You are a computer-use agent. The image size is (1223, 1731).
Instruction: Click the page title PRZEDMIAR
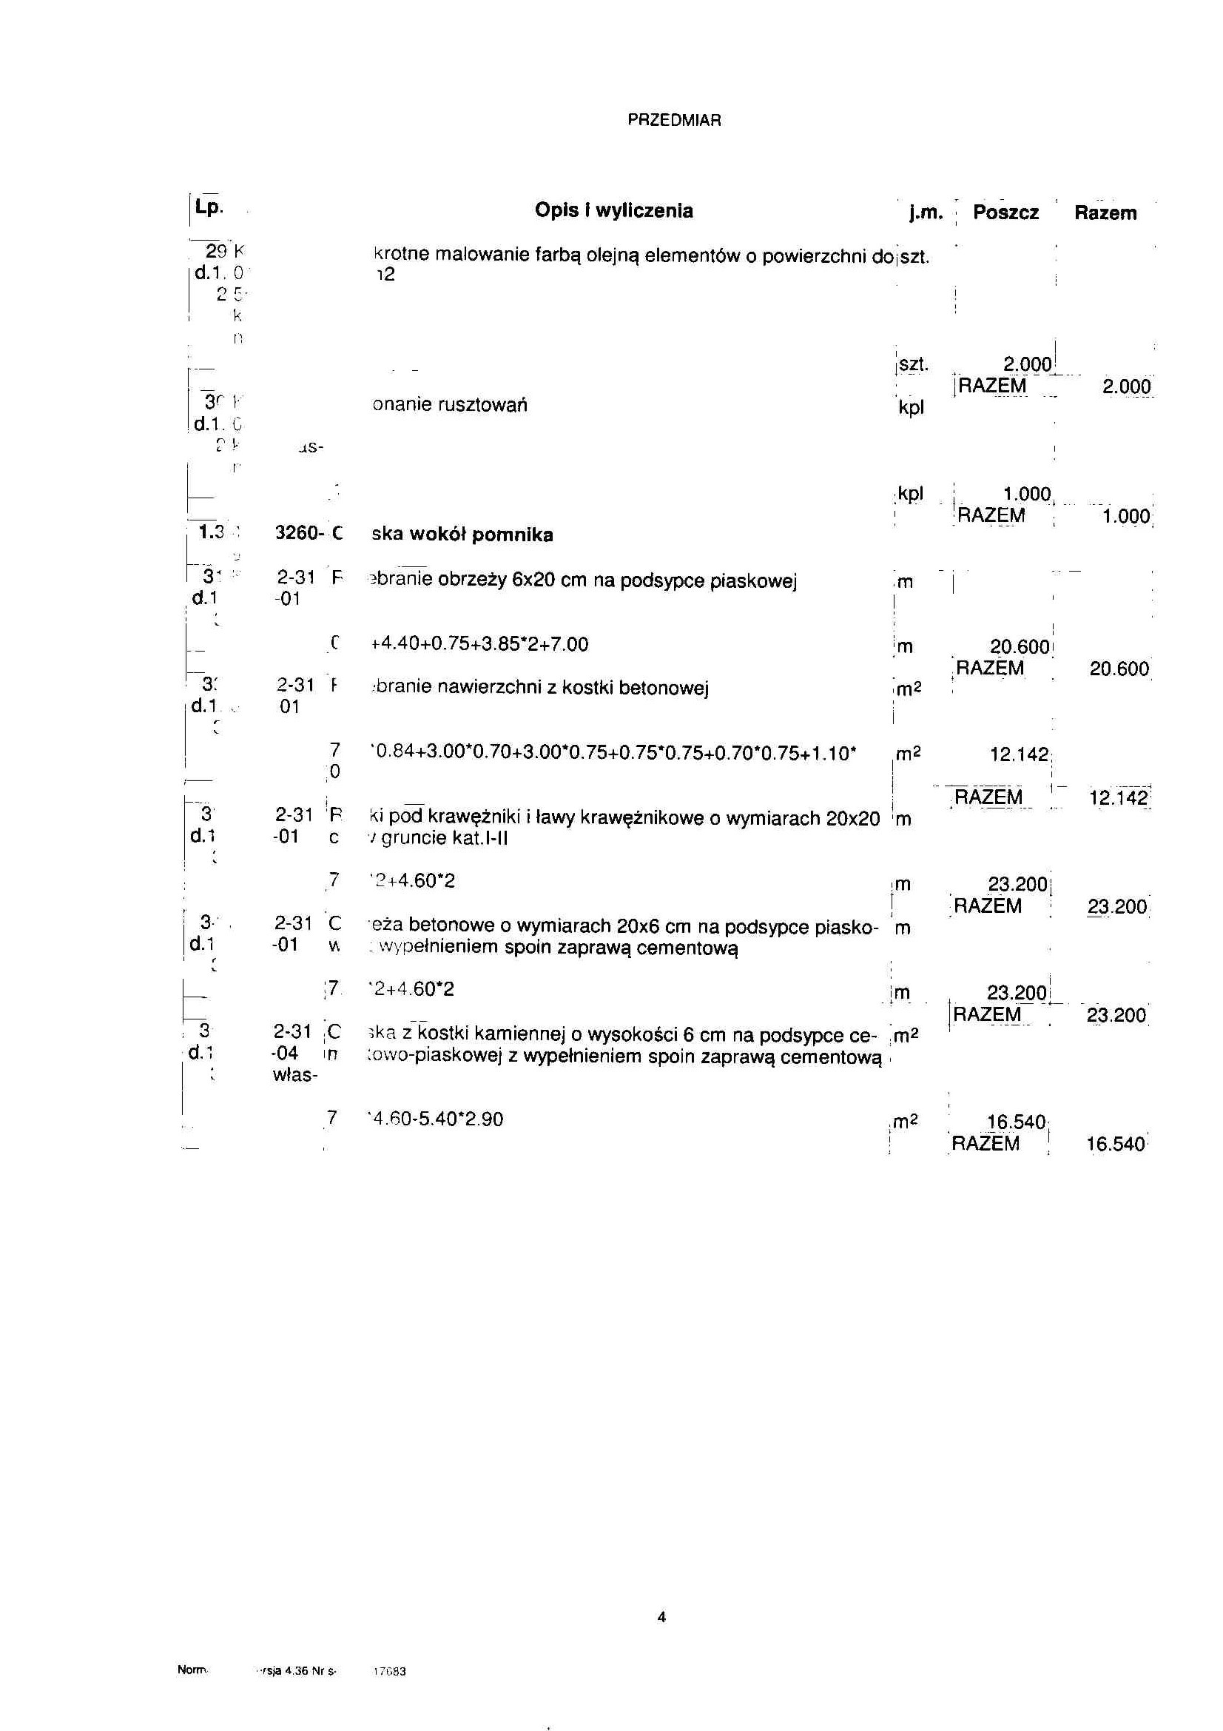(674, 121)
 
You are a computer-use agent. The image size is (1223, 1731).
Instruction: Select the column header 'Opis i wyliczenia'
(613, 210)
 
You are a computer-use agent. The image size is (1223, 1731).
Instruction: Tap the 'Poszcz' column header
(1005, 212)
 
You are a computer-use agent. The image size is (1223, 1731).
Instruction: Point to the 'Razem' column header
(1105, 213)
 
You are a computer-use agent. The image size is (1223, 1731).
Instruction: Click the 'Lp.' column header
(208, 207)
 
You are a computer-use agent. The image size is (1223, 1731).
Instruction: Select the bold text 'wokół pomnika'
(481, 535)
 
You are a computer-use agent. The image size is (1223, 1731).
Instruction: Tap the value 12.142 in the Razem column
(1119, 797)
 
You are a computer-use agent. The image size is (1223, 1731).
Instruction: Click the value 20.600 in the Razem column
(1119, 669)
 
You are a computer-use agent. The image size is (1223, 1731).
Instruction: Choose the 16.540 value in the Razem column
(1115, 1145)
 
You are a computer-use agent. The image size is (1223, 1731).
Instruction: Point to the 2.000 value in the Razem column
(1126, 386)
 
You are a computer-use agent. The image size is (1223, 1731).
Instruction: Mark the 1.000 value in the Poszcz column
(1026, 495)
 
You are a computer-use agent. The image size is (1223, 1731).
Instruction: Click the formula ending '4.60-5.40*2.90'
(437, 1119)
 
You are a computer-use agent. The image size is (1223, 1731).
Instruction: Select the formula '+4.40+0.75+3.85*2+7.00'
(480, 645)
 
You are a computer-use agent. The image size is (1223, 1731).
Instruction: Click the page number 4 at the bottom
(661, 1616)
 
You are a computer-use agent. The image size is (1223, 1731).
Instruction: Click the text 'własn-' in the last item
(294, 1075)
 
